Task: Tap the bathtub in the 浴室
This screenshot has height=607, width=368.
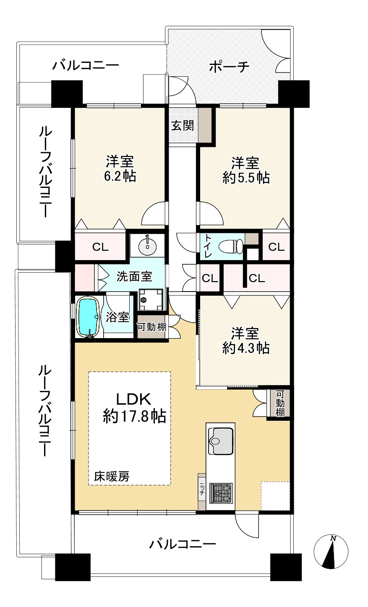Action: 88,317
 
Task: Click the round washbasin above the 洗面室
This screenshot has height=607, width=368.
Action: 147,245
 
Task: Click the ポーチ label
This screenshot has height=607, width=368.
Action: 229,67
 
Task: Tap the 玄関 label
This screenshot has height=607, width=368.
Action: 183,125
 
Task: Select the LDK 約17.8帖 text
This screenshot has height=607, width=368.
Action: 134,408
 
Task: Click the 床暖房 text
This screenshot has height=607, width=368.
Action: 112,477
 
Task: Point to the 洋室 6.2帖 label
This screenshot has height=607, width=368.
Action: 120,169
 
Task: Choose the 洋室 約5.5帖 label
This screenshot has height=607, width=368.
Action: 246,170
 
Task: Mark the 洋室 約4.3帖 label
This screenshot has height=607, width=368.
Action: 246,341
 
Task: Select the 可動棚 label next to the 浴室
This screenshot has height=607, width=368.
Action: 151,327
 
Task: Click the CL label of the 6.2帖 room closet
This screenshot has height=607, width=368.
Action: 100,247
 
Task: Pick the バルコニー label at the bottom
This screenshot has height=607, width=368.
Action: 183,544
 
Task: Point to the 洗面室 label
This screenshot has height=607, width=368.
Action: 134,276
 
